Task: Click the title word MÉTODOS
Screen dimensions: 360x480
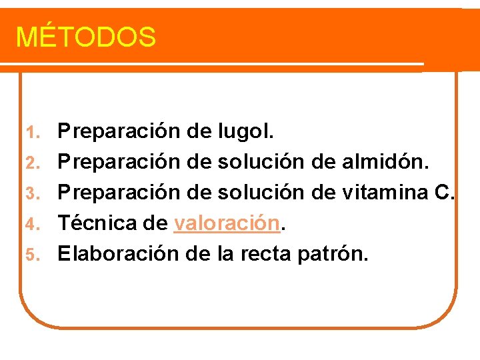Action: click(85, 37)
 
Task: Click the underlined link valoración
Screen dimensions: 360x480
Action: click(225, 223)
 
